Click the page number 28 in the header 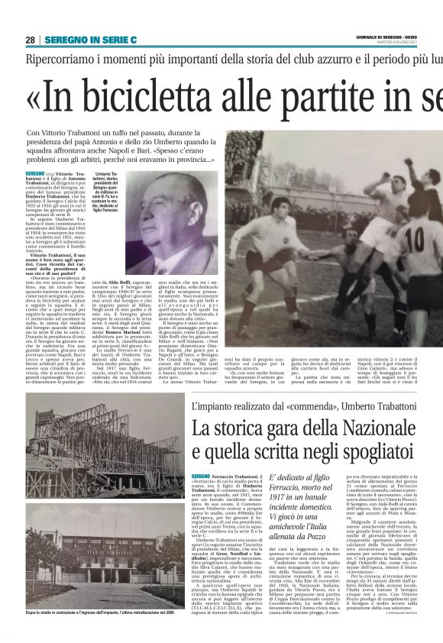[x=29, y=40]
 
